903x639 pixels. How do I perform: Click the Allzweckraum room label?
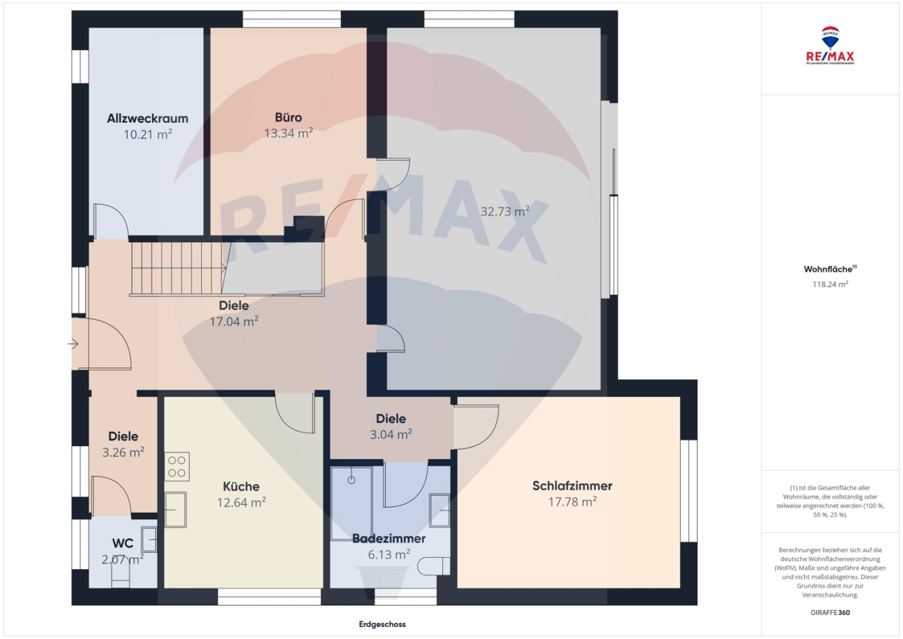(x=147, y=119)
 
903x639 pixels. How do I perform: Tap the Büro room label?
(x=288, y=117)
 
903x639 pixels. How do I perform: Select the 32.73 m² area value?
(x=504, y=211)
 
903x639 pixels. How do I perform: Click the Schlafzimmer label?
(x=572, y=486)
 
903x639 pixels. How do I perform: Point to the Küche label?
(x=241, y=486)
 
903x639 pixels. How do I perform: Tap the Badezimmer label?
(x=389, y=539)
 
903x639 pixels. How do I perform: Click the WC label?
(x=123, y=544)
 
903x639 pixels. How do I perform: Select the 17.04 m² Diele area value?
(x=234, y=321)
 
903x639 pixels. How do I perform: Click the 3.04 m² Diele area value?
(x=391, y=434)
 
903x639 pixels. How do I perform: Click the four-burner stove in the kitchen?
(x=176, y=467)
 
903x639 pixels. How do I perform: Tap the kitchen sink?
(x=176, y=509)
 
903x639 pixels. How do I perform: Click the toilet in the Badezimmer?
(x=433, y=566)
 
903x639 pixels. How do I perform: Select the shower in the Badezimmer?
(x=351, y=502)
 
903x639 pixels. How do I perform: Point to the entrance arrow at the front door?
(x=73, y=344)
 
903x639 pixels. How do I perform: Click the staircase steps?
(x=176, y=268)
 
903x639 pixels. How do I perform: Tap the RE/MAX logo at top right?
(x=830, y=46)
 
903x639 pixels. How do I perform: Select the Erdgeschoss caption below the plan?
(x=382, y=624)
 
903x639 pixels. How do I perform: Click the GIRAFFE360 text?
(x=830, y=612)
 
